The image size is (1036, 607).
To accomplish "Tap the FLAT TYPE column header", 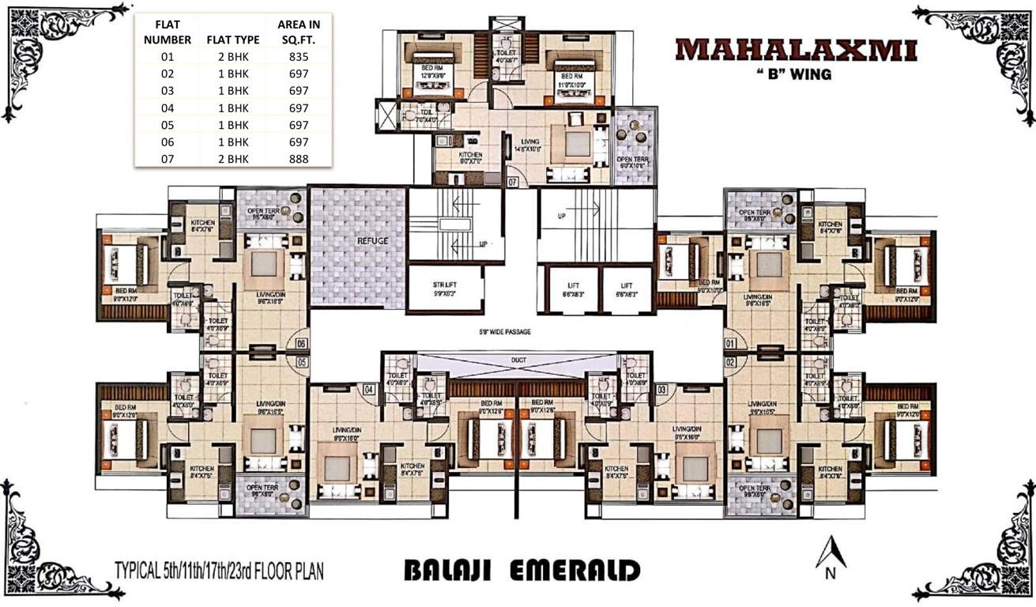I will [228, 38].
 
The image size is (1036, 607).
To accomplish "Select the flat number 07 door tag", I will [513, 182].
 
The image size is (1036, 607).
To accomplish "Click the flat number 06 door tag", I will [301, 344].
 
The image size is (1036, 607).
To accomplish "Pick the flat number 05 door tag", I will [301, 362].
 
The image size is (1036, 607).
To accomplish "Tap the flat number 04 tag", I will [368, 389].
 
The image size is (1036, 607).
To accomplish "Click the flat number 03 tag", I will [662, 389].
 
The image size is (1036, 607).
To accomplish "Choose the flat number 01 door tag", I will [732, 344].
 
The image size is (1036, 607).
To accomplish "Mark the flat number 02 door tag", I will [732, 362].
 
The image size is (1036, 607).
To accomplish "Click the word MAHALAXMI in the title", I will [796, 50].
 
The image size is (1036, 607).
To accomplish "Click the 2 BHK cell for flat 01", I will [228, 58].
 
